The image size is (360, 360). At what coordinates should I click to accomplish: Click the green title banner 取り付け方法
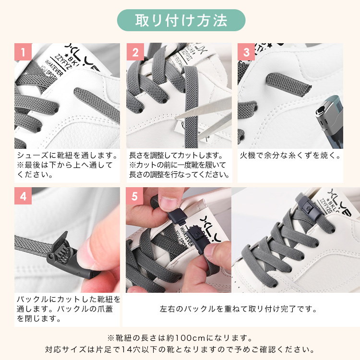click(x=181, y=20)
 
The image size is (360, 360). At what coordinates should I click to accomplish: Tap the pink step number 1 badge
click(x=23, y=52)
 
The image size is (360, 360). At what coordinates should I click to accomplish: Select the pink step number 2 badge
click(x=135, y=52)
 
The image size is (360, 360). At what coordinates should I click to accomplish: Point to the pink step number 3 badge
click(x=246, y=52)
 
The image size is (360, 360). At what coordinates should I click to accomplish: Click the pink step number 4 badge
click(x=23, y=196)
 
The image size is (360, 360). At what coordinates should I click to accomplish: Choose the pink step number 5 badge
click(x=134, y=196)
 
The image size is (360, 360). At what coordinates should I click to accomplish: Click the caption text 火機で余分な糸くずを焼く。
click(x=290, y=156)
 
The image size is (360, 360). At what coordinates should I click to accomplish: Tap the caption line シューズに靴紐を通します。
click(x=67, y=156)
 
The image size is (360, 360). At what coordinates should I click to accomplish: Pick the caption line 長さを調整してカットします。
click(x=176, y=156)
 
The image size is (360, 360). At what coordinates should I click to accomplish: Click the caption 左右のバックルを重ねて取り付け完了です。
click(x=238, y=309)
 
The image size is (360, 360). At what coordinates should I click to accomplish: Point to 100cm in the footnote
click(x=190, y=338)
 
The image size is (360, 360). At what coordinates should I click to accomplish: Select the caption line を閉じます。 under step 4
click(x=38, y=319)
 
